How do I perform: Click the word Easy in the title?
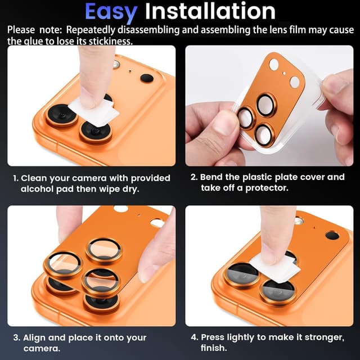click(111, 11)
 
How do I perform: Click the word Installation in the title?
click(210, 11)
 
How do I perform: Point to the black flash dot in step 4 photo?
click(332, 235)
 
